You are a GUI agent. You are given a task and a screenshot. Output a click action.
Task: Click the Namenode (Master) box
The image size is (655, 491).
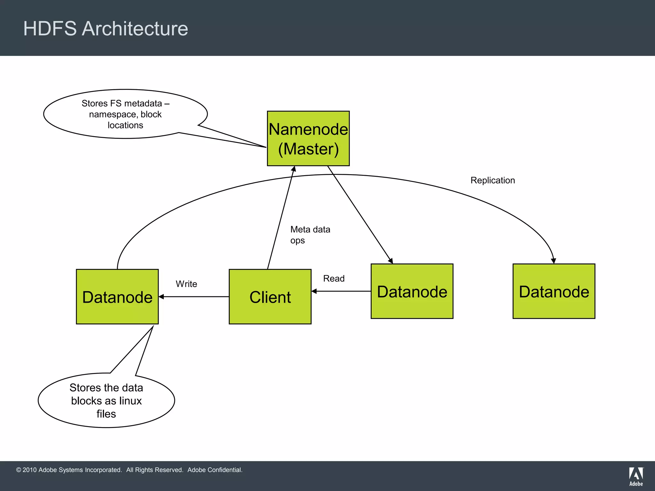[308, 138]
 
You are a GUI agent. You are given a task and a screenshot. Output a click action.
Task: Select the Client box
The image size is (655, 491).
[270, 297]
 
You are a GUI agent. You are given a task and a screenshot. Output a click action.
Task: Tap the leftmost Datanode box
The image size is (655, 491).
[117, 297]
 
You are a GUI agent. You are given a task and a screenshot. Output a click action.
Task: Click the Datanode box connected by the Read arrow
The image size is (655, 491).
[412, 291]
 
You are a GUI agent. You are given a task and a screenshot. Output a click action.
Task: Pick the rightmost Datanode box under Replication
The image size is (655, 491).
[554, 291]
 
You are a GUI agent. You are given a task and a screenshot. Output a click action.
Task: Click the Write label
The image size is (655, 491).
[186, 284]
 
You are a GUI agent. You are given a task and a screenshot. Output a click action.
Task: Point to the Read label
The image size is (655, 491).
[334, 278]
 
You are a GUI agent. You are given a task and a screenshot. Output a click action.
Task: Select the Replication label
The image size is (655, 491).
[493, 180]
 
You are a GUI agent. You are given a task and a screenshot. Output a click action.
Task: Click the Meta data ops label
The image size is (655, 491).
[310, 235]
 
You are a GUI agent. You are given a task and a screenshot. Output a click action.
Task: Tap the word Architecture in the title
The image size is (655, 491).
[135, 28]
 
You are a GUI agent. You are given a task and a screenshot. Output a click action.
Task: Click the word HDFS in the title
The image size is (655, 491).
[50, 28]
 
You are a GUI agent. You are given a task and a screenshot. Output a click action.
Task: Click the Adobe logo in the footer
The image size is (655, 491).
[636, 476]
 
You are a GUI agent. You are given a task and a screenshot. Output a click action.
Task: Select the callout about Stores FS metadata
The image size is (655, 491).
[125, 114]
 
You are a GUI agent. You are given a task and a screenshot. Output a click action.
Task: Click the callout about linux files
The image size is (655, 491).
[106, 401]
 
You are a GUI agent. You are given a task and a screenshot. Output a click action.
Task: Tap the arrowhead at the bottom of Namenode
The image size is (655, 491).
[294, 169]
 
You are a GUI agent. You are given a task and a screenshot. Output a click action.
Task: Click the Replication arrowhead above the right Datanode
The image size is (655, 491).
[553, 261]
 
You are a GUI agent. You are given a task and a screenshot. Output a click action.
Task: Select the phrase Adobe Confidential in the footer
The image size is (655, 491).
[215, 470]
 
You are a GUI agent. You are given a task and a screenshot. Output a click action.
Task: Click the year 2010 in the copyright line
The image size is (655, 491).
[30, 470]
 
